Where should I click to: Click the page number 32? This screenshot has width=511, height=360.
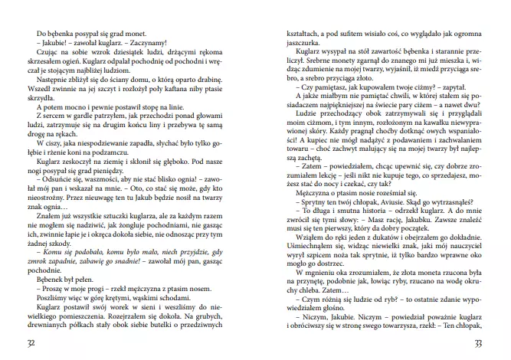coord(30,344)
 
